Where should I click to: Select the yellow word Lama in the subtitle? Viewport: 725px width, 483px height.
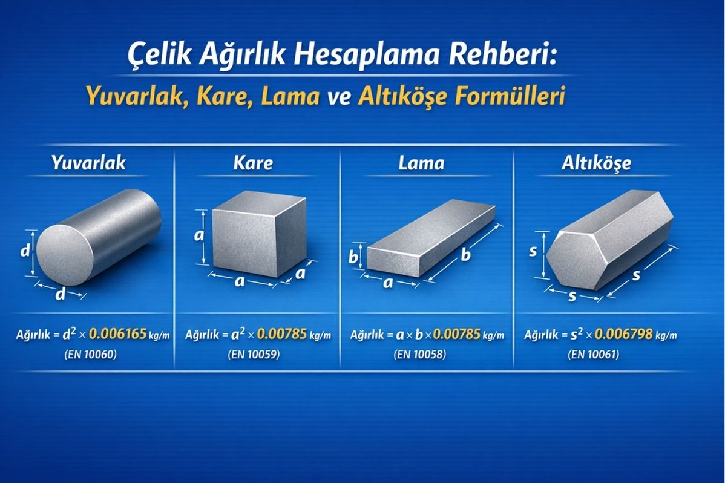(290, 96)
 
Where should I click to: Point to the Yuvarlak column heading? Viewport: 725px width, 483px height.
(89, 162)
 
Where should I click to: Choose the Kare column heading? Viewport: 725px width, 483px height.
(253, 162)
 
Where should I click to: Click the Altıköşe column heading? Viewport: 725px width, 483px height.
(596, 163)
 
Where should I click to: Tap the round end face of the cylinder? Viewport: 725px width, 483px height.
(65, 255)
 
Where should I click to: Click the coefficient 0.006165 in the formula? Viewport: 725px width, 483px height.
(118, 333)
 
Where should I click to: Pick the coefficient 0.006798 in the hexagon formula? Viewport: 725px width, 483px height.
(623, 333)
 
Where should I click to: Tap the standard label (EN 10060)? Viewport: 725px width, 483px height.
(91, 355)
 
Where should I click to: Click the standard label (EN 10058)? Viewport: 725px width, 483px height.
(421, 355)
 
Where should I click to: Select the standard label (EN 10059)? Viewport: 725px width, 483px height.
(254, 355)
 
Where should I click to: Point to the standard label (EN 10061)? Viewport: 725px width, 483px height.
(594, 355)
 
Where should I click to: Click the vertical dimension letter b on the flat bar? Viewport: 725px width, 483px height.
(353, 256)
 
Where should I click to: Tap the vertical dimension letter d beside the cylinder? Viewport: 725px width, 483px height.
(25, 251)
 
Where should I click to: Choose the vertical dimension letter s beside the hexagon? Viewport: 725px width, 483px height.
(533, 251)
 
